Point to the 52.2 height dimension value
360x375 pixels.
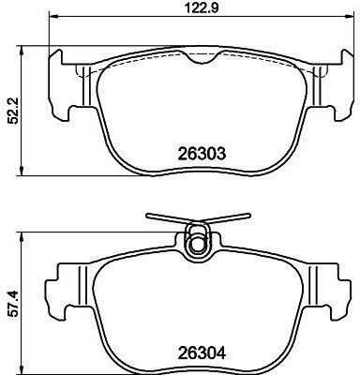coord(14,111)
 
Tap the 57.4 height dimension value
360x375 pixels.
coord(14,304)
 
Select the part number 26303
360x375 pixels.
coord(202,154)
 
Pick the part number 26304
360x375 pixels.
coord(202,353)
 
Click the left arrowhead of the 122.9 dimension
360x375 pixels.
coord(53,16)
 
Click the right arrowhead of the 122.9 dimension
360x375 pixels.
coord(350,16)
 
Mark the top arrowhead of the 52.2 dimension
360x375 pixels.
coord(22,51)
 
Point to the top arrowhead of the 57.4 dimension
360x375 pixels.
coord(22,237)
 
